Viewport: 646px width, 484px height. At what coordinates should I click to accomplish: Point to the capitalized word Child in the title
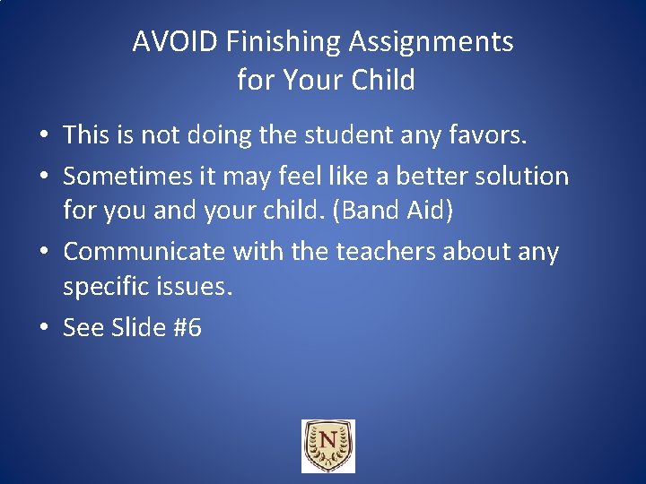coord(383,81)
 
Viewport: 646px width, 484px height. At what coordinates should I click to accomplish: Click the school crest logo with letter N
coord(327,446)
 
